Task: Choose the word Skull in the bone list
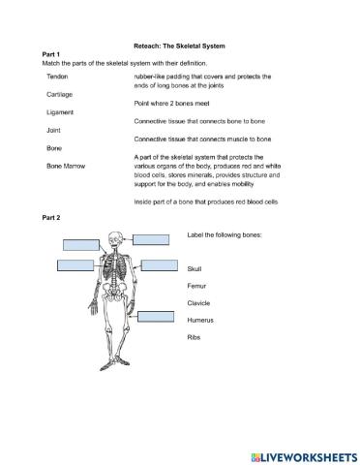click(195, 266)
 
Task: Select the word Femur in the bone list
click(196, 285)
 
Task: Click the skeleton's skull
click(117, 237)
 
